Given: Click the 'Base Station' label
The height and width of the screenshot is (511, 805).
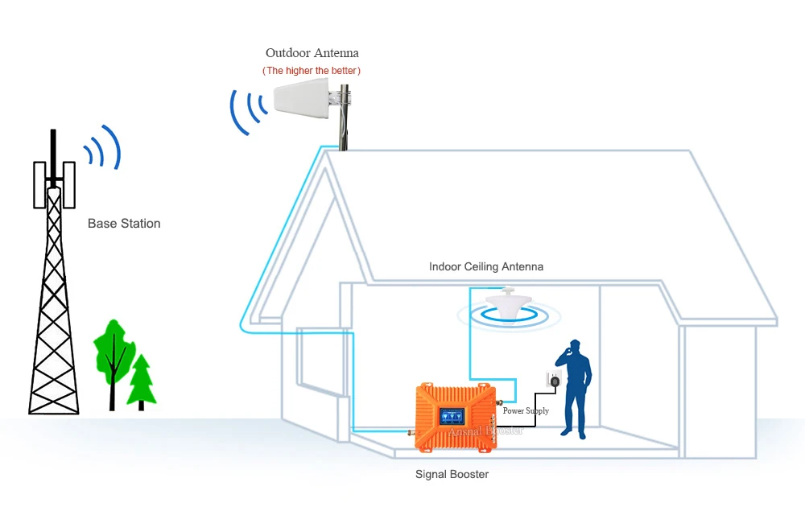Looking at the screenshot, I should pos(124,224).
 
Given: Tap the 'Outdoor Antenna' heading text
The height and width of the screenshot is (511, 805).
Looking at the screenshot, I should pos(312,53).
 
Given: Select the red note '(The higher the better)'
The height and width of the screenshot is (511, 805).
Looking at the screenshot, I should pos(312,71).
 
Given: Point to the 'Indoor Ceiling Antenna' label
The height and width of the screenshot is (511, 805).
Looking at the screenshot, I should pos(486,266).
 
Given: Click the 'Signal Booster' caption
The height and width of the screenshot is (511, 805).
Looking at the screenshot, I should pos(452,474).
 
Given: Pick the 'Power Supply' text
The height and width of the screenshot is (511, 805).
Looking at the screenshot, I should pos(526,411).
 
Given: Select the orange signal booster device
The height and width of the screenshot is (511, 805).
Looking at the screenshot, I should pos(454,410).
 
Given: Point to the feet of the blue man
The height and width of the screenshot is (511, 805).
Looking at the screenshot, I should pos(574,434).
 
